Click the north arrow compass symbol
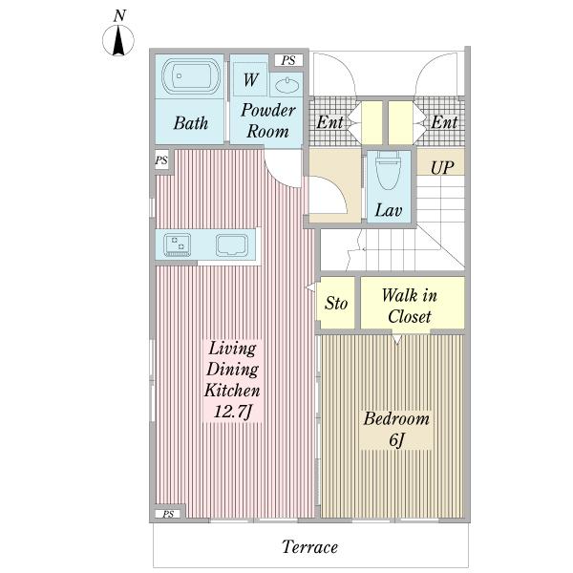[x=118, y=40]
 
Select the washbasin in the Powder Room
[x=286, y=85]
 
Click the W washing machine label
[x=251, y=79]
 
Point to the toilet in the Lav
[x=388, y=171]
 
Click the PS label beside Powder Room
[x=288, y=60]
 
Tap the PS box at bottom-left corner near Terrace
[x=168, y=514]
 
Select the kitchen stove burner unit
[x=178, y=244]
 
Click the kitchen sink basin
[x=232, y=244]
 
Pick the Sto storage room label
[x=336, y=303]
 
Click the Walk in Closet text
[x=410, y=306]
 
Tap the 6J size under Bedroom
[x=396, y=439]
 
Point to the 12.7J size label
[x=233, y=412]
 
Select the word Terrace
[x=309, y=546]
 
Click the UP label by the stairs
[x=442, y=168]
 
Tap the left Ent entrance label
[x=330, y=122]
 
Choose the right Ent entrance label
[x=444, y=122]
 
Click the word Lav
[x=389, y=210]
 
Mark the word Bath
[x=191, y=123]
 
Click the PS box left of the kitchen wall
[x=161, y=160]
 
